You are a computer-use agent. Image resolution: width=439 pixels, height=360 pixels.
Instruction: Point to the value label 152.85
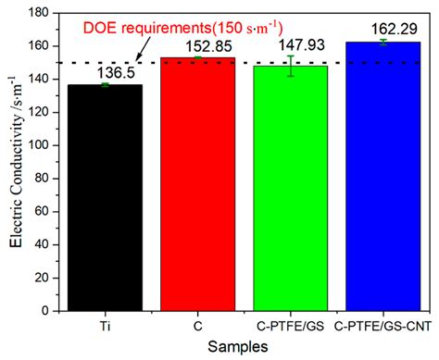pos(196,47)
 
